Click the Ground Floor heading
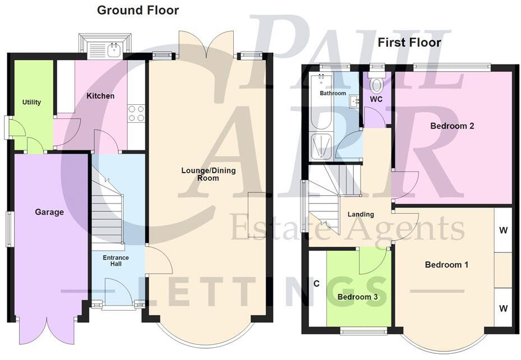coord(138,10)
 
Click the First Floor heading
coord(409,43)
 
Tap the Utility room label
coord(31,102)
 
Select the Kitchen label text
coord(100,96)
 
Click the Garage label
coord(49,212)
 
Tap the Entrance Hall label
coord(116,261)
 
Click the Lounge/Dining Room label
coord(200,174)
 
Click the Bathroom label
coord(333,93)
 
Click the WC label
coord(376,99)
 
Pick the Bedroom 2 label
coord(452,126)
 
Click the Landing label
coord(361,214)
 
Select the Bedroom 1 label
coord(446,265)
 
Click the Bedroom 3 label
coord(358,297)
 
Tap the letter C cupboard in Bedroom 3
coord(316,284)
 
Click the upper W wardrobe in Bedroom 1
coord(504,229)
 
